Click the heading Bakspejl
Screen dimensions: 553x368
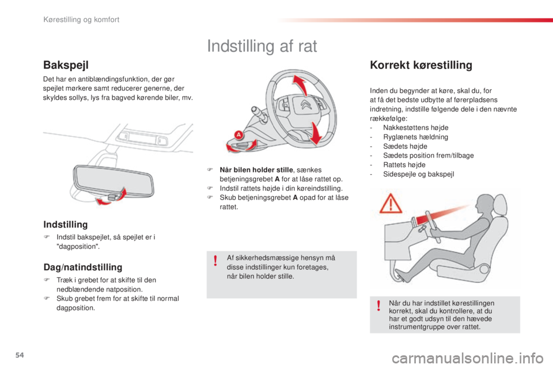coord(66,65)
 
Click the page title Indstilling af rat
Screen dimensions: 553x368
coord(262,46)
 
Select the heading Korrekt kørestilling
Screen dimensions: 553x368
coord(421,65)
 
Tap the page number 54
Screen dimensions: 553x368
coord(20,355)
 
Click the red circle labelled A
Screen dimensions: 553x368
coord(238,135)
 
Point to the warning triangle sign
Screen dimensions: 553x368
coord(391,204)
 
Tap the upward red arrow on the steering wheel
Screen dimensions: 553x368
coord(299,85)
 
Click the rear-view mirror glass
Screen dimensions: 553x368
coord(113,181)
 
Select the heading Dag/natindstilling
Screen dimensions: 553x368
coord(83,267)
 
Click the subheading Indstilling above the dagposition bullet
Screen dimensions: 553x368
coord(66,224)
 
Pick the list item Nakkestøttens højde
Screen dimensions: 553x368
coord(416,128)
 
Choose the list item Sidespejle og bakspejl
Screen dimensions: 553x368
coord(419,174)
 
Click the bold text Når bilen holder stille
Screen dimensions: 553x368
coord(256,170)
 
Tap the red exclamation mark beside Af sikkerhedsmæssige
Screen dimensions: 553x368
coord(215,260)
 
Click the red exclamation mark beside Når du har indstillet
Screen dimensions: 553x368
coord(378,305)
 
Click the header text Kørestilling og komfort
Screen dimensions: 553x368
coord(81,20)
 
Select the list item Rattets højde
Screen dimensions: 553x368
coord(404,165)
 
